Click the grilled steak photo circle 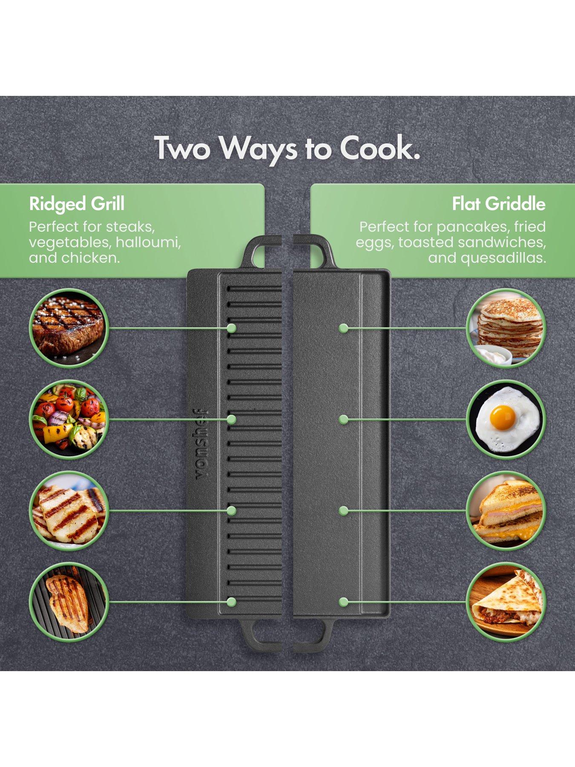69,328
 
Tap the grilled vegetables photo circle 69,419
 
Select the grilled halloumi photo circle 69,510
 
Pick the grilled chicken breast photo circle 69,602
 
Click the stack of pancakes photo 506,328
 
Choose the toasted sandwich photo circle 506,510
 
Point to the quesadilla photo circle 506,602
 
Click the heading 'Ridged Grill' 77,204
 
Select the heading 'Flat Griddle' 499,204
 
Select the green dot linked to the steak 231,328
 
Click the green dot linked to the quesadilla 343,602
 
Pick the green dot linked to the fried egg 343,419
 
